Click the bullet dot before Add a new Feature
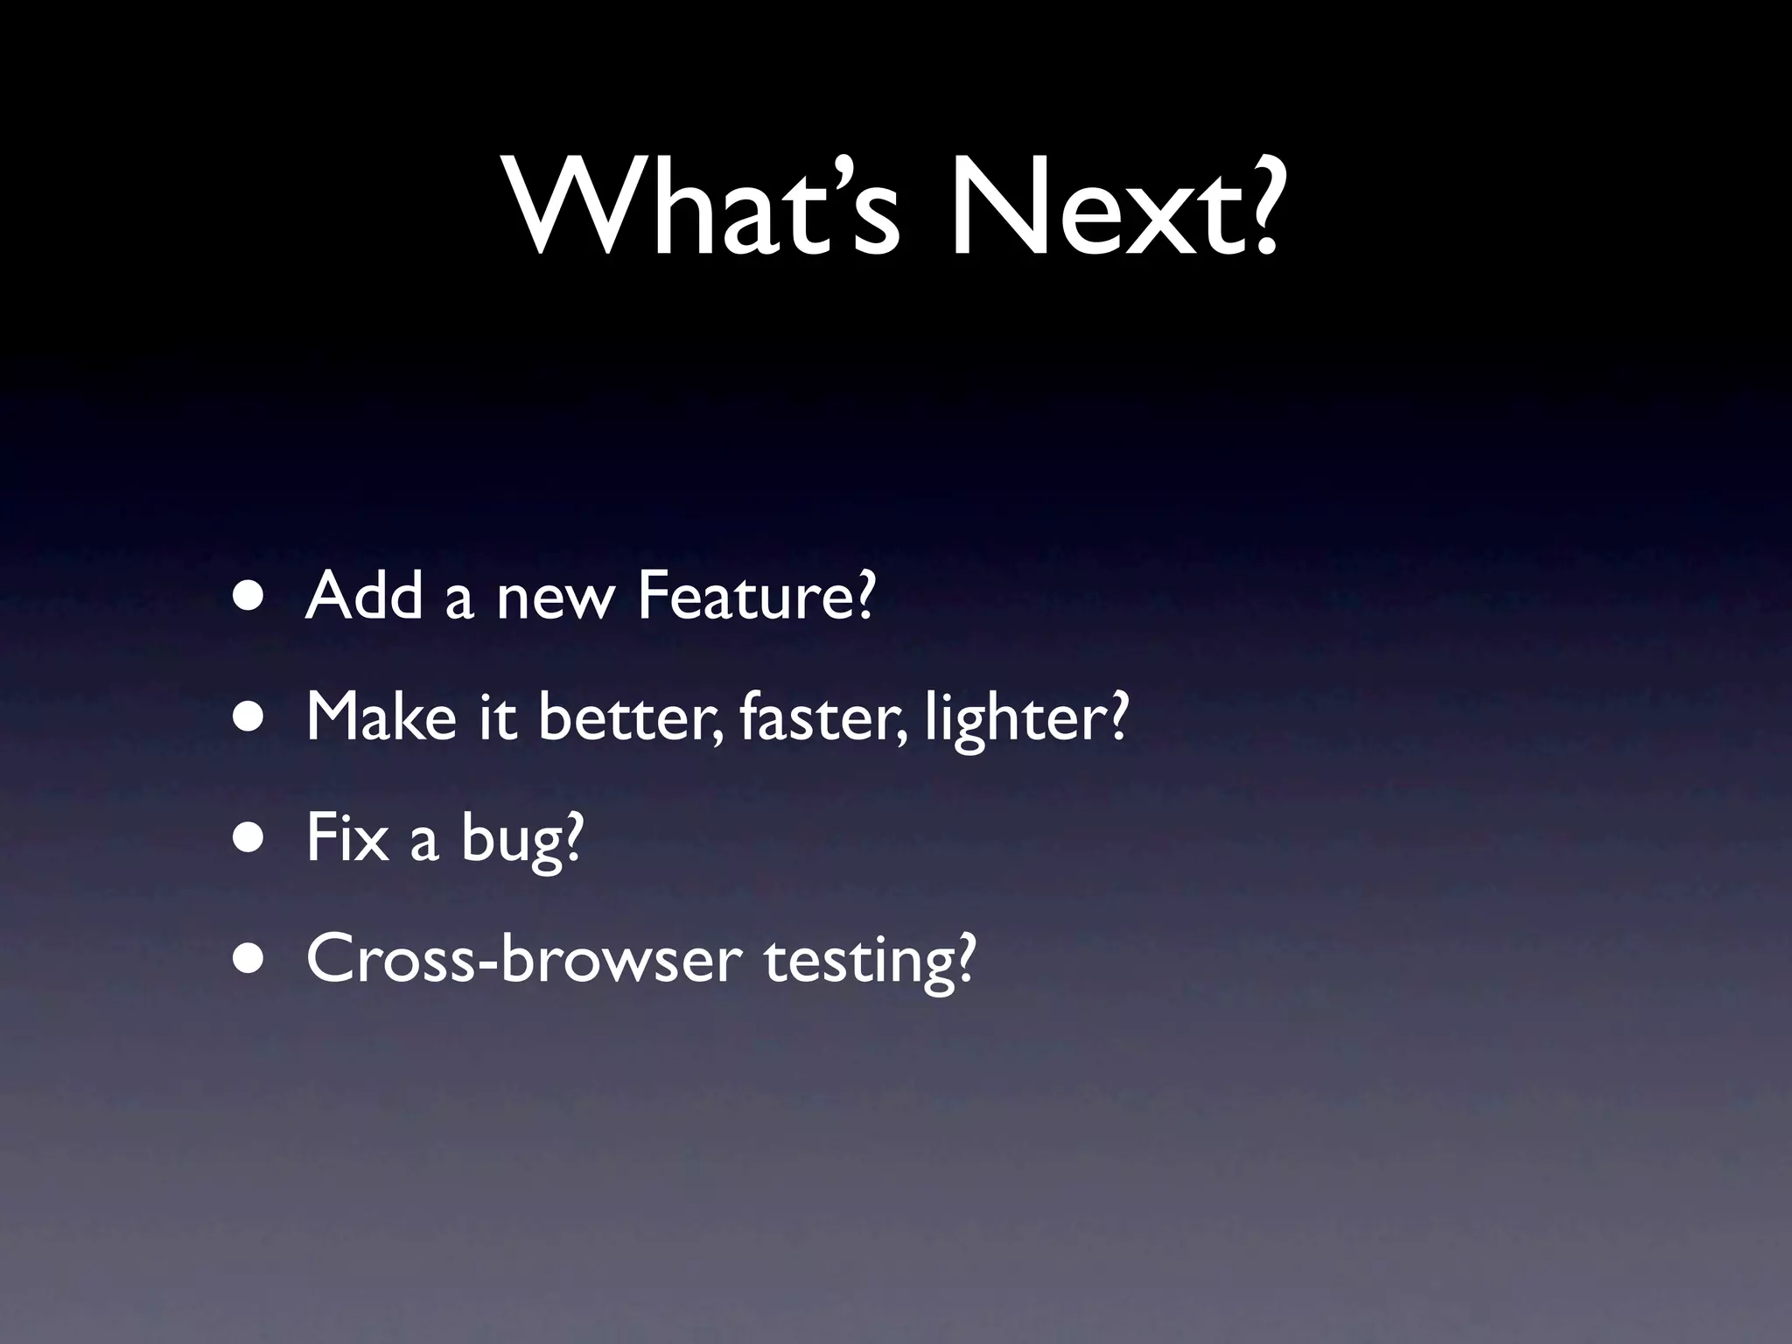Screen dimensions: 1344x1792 click(252, 597)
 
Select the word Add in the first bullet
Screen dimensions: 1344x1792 click(363, 597)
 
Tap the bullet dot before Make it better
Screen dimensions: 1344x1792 click(252, 718)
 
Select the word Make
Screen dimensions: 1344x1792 click(381, 718)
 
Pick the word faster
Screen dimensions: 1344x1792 click(814, 718)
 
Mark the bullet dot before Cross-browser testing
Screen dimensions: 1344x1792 click(252, 959)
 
